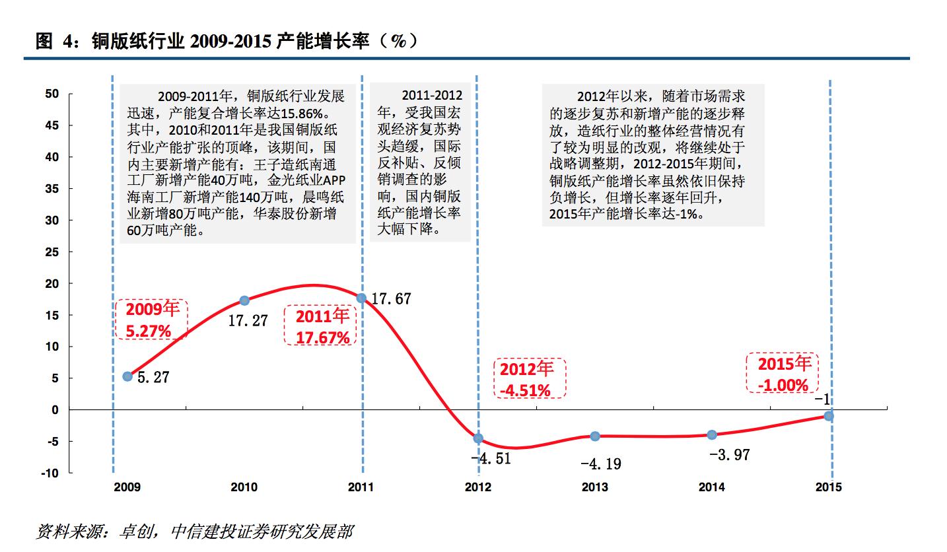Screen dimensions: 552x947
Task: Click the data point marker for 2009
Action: tap(127, 376)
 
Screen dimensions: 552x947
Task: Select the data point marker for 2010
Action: tap(244, 300)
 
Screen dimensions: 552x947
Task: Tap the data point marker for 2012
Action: tap(478, 438)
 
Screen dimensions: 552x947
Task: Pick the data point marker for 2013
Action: tap(595, 436)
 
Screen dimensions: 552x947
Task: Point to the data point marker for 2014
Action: tap(712, 434)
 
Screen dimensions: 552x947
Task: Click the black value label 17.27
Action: tap(248, 322)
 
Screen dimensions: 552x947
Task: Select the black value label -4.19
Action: tap(600, 464)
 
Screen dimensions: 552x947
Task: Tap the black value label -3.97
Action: tap(729, 455)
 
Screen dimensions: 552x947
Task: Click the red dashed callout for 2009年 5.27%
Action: tap(152, 320)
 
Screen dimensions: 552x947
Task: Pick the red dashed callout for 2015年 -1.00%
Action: tap(783, 373)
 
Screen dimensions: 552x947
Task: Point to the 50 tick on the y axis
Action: tap(52, 94)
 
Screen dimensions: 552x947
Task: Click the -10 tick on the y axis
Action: tap(50, 473)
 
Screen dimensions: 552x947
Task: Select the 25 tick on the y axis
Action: tap(52, 252)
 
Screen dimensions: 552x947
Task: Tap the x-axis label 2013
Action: tap(595, 488)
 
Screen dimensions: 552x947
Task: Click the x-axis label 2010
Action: tap(244, 488)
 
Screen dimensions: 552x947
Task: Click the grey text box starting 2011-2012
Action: tap(419, 162)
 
